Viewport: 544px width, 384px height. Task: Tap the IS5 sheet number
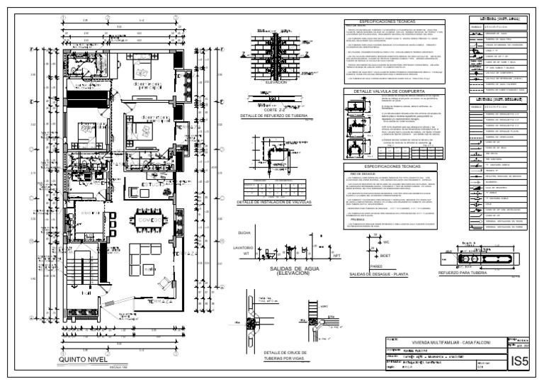click(x=520, y=362)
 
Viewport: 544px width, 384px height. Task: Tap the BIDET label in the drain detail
click(x=385, y=255)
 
